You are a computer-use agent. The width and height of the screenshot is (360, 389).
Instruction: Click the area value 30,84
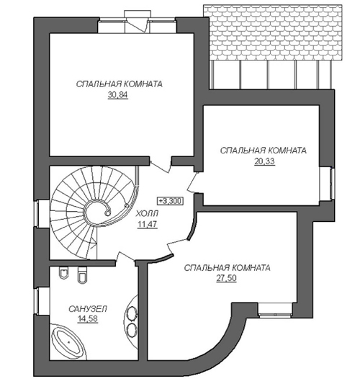[x=118, y=95]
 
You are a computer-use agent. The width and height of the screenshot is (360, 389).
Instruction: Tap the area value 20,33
[x=264, y=161]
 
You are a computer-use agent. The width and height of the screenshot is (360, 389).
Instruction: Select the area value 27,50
[x=226, y=279]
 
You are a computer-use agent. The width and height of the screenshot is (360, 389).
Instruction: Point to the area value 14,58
[x=88, y=318]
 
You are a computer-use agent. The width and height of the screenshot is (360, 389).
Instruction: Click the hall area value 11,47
[x=148, y=224]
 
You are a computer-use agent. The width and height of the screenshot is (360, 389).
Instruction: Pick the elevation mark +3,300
[x=171, y=201]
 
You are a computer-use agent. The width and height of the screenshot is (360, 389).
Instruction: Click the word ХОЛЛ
[x=147, y=213]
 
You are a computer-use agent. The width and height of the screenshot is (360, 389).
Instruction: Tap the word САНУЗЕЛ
[x=88, y=309]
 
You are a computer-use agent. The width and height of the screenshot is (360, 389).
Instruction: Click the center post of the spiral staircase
[x=107, y=213]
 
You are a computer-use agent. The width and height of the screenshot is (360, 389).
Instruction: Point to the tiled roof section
[x=273, y=32]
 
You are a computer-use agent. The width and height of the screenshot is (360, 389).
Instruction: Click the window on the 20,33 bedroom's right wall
[x=331, y=184]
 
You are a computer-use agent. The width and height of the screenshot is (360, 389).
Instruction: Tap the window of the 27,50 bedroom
[x=275, y=315]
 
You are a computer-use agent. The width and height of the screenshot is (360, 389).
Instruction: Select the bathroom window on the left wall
[x=36, y=301]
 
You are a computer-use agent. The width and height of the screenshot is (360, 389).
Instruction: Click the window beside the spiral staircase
[x=36, y=214]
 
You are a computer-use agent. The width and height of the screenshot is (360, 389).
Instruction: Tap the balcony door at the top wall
[x=136, y=25]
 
